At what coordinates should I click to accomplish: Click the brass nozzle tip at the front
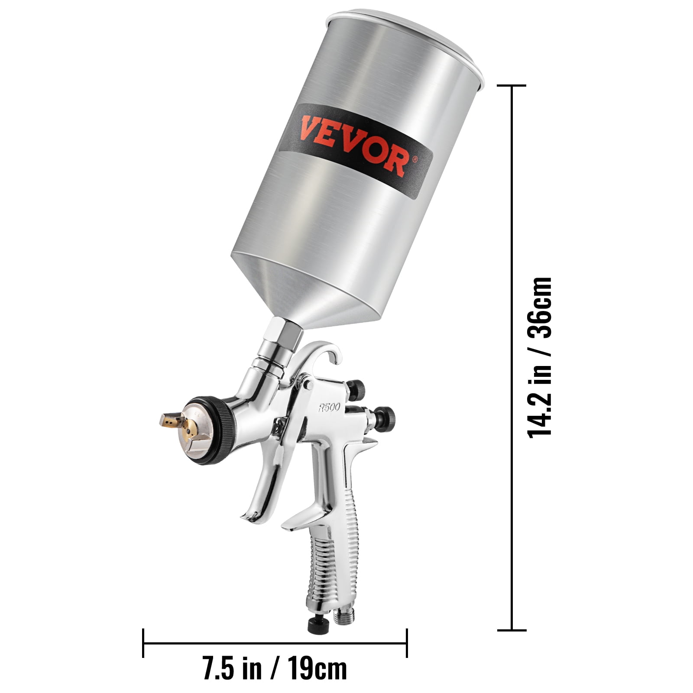click(171, 419)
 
